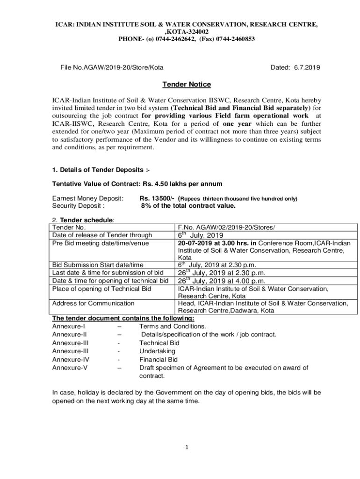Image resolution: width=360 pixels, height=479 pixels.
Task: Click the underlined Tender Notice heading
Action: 187,85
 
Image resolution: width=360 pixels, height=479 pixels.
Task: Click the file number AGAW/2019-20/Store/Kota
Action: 112,68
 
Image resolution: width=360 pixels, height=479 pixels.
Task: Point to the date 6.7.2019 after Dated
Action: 307,68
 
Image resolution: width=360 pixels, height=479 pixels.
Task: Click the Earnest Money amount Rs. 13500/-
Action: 157,198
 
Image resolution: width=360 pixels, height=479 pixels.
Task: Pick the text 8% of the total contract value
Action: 188,206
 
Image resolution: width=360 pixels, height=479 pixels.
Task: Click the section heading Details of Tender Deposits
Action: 101,169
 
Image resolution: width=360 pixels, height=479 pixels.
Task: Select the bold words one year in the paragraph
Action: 237,124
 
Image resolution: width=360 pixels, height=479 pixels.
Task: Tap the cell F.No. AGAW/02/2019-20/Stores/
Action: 226,228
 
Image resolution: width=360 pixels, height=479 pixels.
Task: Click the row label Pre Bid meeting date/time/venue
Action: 101,243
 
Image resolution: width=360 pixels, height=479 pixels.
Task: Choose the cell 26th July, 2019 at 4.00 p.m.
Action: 221,281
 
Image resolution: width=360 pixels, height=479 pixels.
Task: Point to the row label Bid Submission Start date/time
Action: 98,265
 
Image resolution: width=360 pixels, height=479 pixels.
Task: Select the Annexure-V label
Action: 70,368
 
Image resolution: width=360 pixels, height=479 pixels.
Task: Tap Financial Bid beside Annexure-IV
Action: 158,360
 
